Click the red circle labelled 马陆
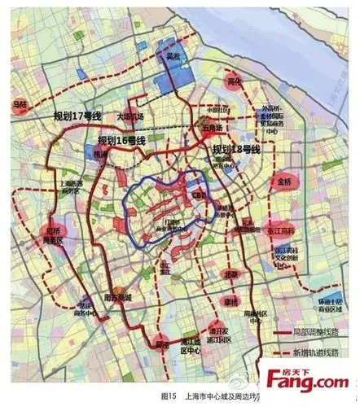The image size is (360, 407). (x=20, y=105)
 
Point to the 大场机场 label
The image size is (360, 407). (x=128, y=116)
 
